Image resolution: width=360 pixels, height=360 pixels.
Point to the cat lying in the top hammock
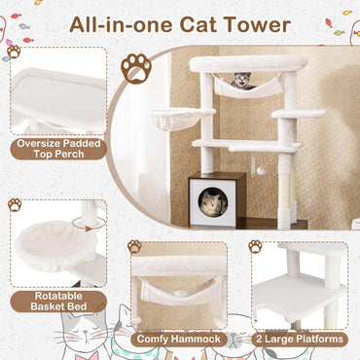(241, 82)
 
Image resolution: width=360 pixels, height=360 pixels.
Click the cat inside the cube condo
(214, 202)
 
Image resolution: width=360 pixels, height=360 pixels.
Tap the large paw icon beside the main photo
(135, 68)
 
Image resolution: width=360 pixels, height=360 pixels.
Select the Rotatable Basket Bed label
(59, 301)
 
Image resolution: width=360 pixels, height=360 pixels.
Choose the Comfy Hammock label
(178, 339)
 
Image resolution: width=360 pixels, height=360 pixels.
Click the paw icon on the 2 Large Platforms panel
(254, 246)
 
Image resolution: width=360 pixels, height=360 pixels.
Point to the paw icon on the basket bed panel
(16, 204)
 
